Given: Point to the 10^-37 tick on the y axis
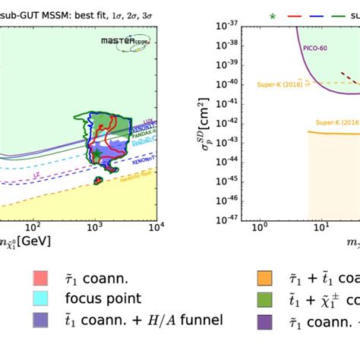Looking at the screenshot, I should (x=229, y=26).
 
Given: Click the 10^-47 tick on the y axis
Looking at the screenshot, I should (x=229, y=216).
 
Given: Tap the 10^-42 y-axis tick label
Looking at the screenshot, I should (x=229, y=121).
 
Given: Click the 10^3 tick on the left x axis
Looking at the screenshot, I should (x=94, y=227).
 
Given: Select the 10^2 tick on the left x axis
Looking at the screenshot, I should (x=33, y=227).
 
